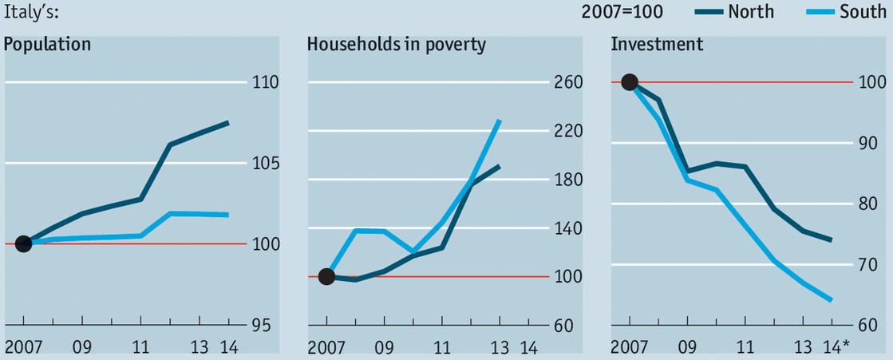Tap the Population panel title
point(48,44)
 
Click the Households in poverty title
point(397,44)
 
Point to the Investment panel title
point(657,44)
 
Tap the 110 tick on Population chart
point(264,83)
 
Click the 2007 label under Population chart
point(24,348)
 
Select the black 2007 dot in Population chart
point(24,243)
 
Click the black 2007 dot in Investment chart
point(630,81)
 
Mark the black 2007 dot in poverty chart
point(326,276)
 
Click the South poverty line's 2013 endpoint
point(500,121)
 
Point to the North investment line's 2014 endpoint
point(832,239)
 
